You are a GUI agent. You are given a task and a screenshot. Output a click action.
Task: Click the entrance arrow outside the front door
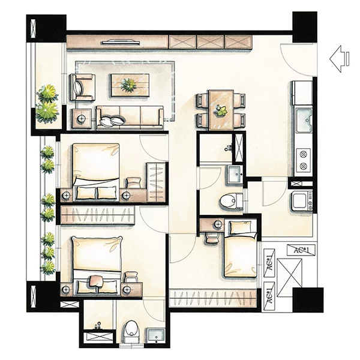tap(339, 59)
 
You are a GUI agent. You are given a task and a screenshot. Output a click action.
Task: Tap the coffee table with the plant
tap(130, 85)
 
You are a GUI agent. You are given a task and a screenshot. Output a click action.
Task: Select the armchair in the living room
tap(83, 87)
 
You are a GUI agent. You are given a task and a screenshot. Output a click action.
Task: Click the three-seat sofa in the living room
tap(130, 117)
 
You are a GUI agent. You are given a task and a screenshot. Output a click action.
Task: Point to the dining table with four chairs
tap(221, 110)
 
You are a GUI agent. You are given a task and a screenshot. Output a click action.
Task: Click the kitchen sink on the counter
tap(304, 120)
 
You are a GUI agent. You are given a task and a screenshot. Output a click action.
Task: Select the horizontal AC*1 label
tap(301, 250)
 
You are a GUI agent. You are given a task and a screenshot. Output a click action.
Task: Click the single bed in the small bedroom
tap(241, 248)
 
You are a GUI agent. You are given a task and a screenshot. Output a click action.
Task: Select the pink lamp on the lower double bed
tap(96, 282)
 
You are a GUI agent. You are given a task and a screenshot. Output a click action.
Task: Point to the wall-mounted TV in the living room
tap(121, 42)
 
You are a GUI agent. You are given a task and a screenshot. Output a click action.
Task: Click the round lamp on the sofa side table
tap(81, 118)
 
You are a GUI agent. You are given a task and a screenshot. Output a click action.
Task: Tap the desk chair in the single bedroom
tap(212, 238)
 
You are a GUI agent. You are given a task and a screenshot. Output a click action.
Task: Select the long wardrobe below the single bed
tap(213, 298)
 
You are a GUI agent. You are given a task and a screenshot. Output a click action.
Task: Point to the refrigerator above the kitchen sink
tap(302, 94)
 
